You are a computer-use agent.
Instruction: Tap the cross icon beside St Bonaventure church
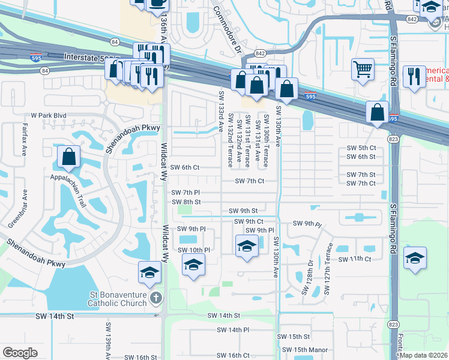pos(155,298)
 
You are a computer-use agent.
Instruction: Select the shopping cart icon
pos(363,70)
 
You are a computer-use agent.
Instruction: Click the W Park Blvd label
pos(49,115)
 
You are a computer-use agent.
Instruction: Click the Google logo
pos(20,353)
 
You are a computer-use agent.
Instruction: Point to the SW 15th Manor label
pos(305,350)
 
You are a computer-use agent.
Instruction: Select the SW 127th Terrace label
pos(327,273)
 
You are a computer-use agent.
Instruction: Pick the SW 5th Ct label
pos(361,148)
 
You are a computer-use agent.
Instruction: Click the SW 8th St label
pos(185,202)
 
